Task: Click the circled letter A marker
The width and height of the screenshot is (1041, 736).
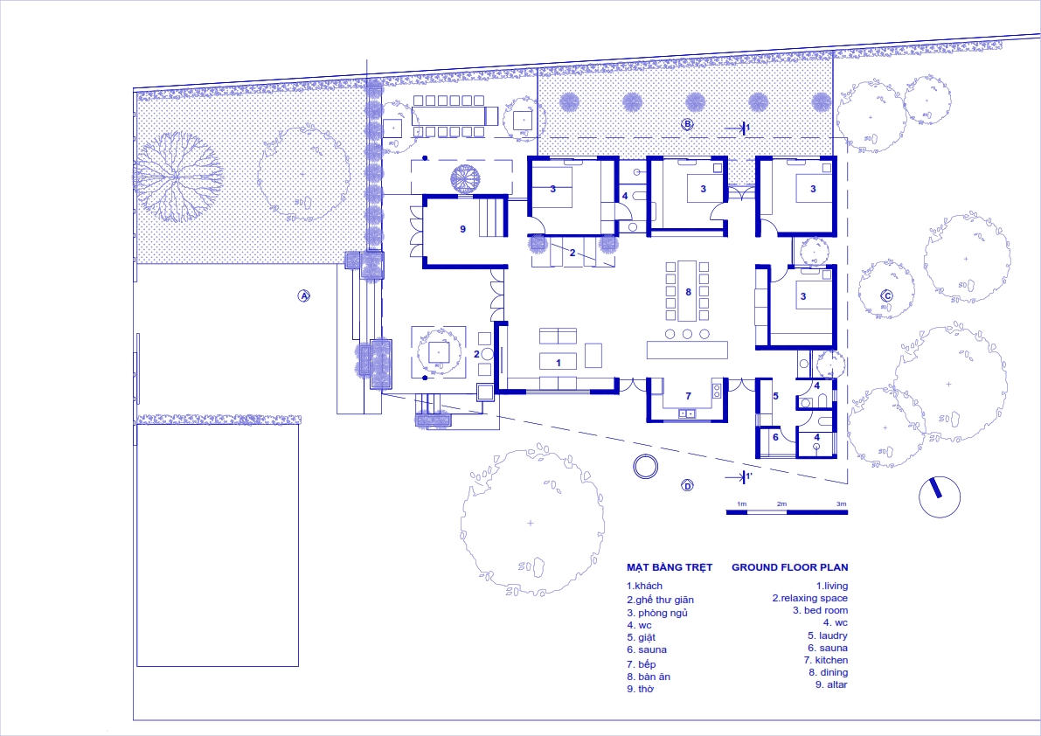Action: point(303,296)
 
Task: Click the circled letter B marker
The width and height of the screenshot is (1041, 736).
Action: point(687,123)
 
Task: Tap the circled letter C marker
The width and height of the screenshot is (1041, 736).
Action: point(886,296)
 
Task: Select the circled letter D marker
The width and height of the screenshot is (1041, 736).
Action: point(687,486)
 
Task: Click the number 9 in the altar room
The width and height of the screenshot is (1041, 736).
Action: point(462,229)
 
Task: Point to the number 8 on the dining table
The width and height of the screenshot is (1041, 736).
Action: point(689,292)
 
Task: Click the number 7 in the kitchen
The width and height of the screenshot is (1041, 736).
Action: point(689,396)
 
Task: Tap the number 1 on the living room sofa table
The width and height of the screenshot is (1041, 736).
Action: point(559,363)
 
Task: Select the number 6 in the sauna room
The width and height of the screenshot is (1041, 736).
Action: point(775,437)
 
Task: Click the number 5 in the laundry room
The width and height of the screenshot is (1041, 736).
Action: point(775,396)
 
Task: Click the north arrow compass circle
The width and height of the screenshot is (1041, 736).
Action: point(940,497)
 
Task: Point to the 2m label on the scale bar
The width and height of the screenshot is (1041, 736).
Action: point(782,503)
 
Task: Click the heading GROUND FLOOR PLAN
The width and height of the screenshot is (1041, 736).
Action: point(790,567)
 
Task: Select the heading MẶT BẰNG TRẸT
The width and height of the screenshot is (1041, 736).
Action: point(670,567)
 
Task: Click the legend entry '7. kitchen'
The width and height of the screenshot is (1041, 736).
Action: point(826,660)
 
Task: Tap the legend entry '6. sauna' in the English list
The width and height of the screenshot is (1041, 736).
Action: point(828,648)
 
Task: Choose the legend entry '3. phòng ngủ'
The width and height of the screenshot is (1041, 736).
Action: point(657,614)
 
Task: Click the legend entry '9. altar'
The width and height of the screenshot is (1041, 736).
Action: point(832,684)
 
